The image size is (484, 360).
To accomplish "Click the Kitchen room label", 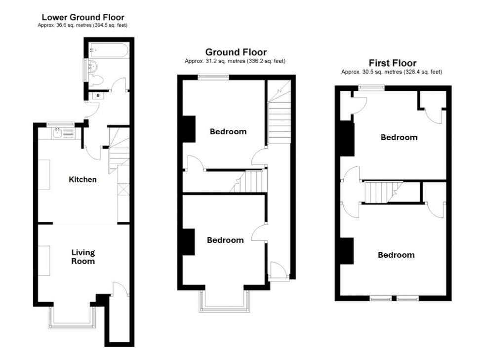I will click(82, 179).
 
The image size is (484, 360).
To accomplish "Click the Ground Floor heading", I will click(236, 52).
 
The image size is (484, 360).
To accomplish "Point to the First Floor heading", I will click(392, 63).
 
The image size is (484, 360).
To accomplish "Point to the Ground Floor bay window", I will click(225, 303).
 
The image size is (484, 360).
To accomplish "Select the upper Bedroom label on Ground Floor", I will click(228, 132).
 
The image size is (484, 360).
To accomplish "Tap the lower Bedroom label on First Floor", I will click(396, 255).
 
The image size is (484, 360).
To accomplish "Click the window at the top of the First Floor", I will click(371, 87).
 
